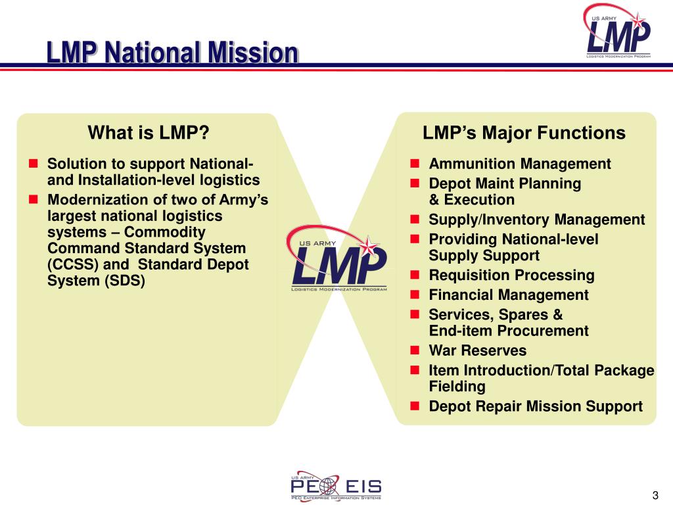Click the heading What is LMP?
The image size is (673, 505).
(149, 133)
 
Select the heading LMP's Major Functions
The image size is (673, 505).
(524, 133)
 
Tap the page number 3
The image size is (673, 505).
(655, 495)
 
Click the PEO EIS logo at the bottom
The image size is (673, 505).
(336, 487)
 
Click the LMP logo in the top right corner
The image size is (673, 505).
(618, 32)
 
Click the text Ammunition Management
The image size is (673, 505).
(519, 164)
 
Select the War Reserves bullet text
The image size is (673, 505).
(477, 350)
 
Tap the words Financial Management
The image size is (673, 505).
(508, 295)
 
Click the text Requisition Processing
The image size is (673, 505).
(511, 275)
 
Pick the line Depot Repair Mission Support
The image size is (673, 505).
(535, 406)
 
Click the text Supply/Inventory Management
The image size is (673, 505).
(536, 220)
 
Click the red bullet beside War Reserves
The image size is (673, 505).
(415, 350)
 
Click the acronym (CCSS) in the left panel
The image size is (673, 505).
(70, 265)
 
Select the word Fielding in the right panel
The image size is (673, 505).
(457, 387)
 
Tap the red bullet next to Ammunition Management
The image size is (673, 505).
(415, 164)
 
